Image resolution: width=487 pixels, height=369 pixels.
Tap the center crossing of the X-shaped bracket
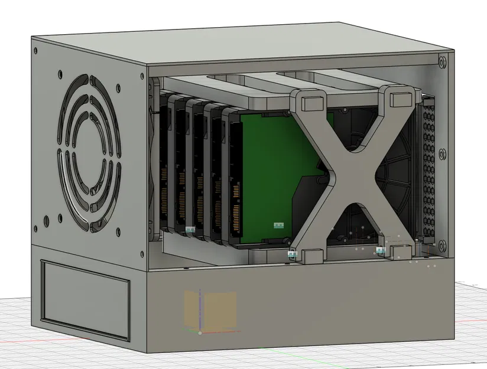click(x=353, y=171)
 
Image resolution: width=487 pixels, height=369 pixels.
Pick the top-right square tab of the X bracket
click(x=400, y=95)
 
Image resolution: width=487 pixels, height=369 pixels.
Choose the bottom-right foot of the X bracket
click(x=401, y=250)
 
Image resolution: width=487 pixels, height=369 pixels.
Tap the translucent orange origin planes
click(x=211, y=310)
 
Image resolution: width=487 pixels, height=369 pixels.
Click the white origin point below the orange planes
click(x=200, y=333)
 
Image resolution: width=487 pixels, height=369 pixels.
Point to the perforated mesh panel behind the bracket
click(x=430, y=171)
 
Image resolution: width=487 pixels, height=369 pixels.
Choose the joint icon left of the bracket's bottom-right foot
click(x=380, y=250)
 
